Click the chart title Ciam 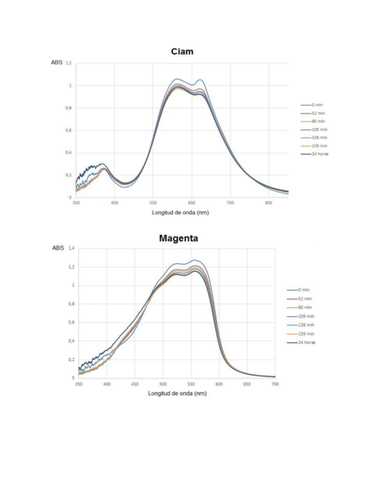(x=182, y=51)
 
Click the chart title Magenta (x=178, y=238)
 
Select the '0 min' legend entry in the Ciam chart (x=314, y=105)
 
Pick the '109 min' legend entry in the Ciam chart (x=315, y=130)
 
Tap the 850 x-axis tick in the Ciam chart (x=269, y=203)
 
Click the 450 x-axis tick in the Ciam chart (x=114, y=203)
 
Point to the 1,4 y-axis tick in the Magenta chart (x=71, y=249)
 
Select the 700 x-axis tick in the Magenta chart (x=275, y=384)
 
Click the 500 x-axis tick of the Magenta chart (x=163, y=384)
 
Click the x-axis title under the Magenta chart (x=177, y=393)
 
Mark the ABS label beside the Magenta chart (x=58, y=249)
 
